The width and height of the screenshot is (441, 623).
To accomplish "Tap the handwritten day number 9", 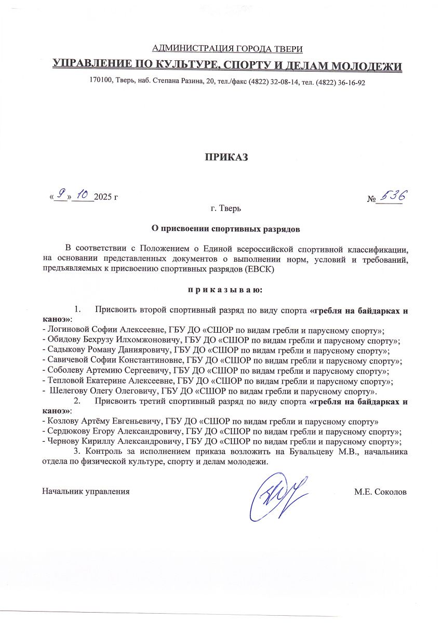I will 61,195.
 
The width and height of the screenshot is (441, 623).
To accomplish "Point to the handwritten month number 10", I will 82,195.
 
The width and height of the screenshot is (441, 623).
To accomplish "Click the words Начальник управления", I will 86,491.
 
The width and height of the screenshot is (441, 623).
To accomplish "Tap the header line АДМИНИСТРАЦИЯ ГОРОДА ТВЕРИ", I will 226,49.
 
